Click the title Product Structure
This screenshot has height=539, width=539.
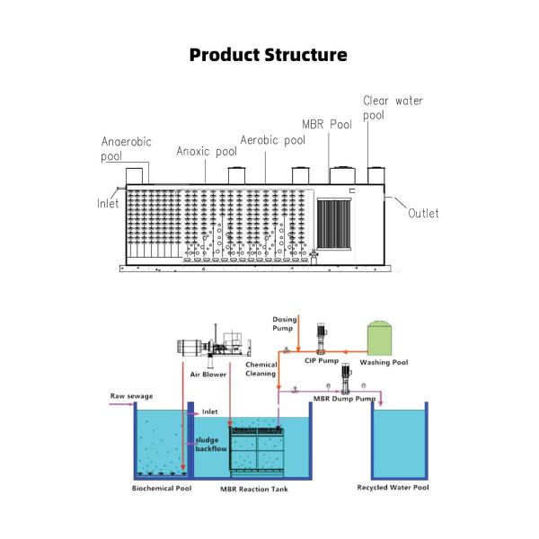269,55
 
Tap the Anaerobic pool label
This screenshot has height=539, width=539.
126,148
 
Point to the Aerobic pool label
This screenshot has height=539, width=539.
272,140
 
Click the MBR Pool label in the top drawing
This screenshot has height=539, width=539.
326,125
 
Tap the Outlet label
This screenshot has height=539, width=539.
423,213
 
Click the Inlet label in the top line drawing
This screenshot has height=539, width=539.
108,203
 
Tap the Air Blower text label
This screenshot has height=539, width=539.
208,374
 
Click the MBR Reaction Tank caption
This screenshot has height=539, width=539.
254,489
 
